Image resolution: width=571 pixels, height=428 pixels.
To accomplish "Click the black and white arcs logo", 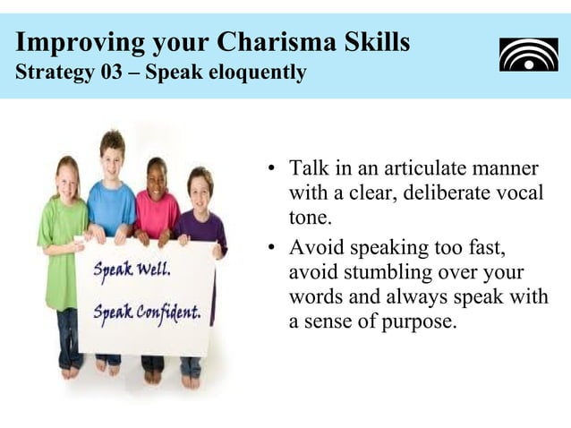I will click(x=528, y=54).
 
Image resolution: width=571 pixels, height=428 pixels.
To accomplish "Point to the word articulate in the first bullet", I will click(x=400, y=169).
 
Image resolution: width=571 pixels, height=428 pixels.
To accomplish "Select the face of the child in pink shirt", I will click(x=157, y=175).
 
